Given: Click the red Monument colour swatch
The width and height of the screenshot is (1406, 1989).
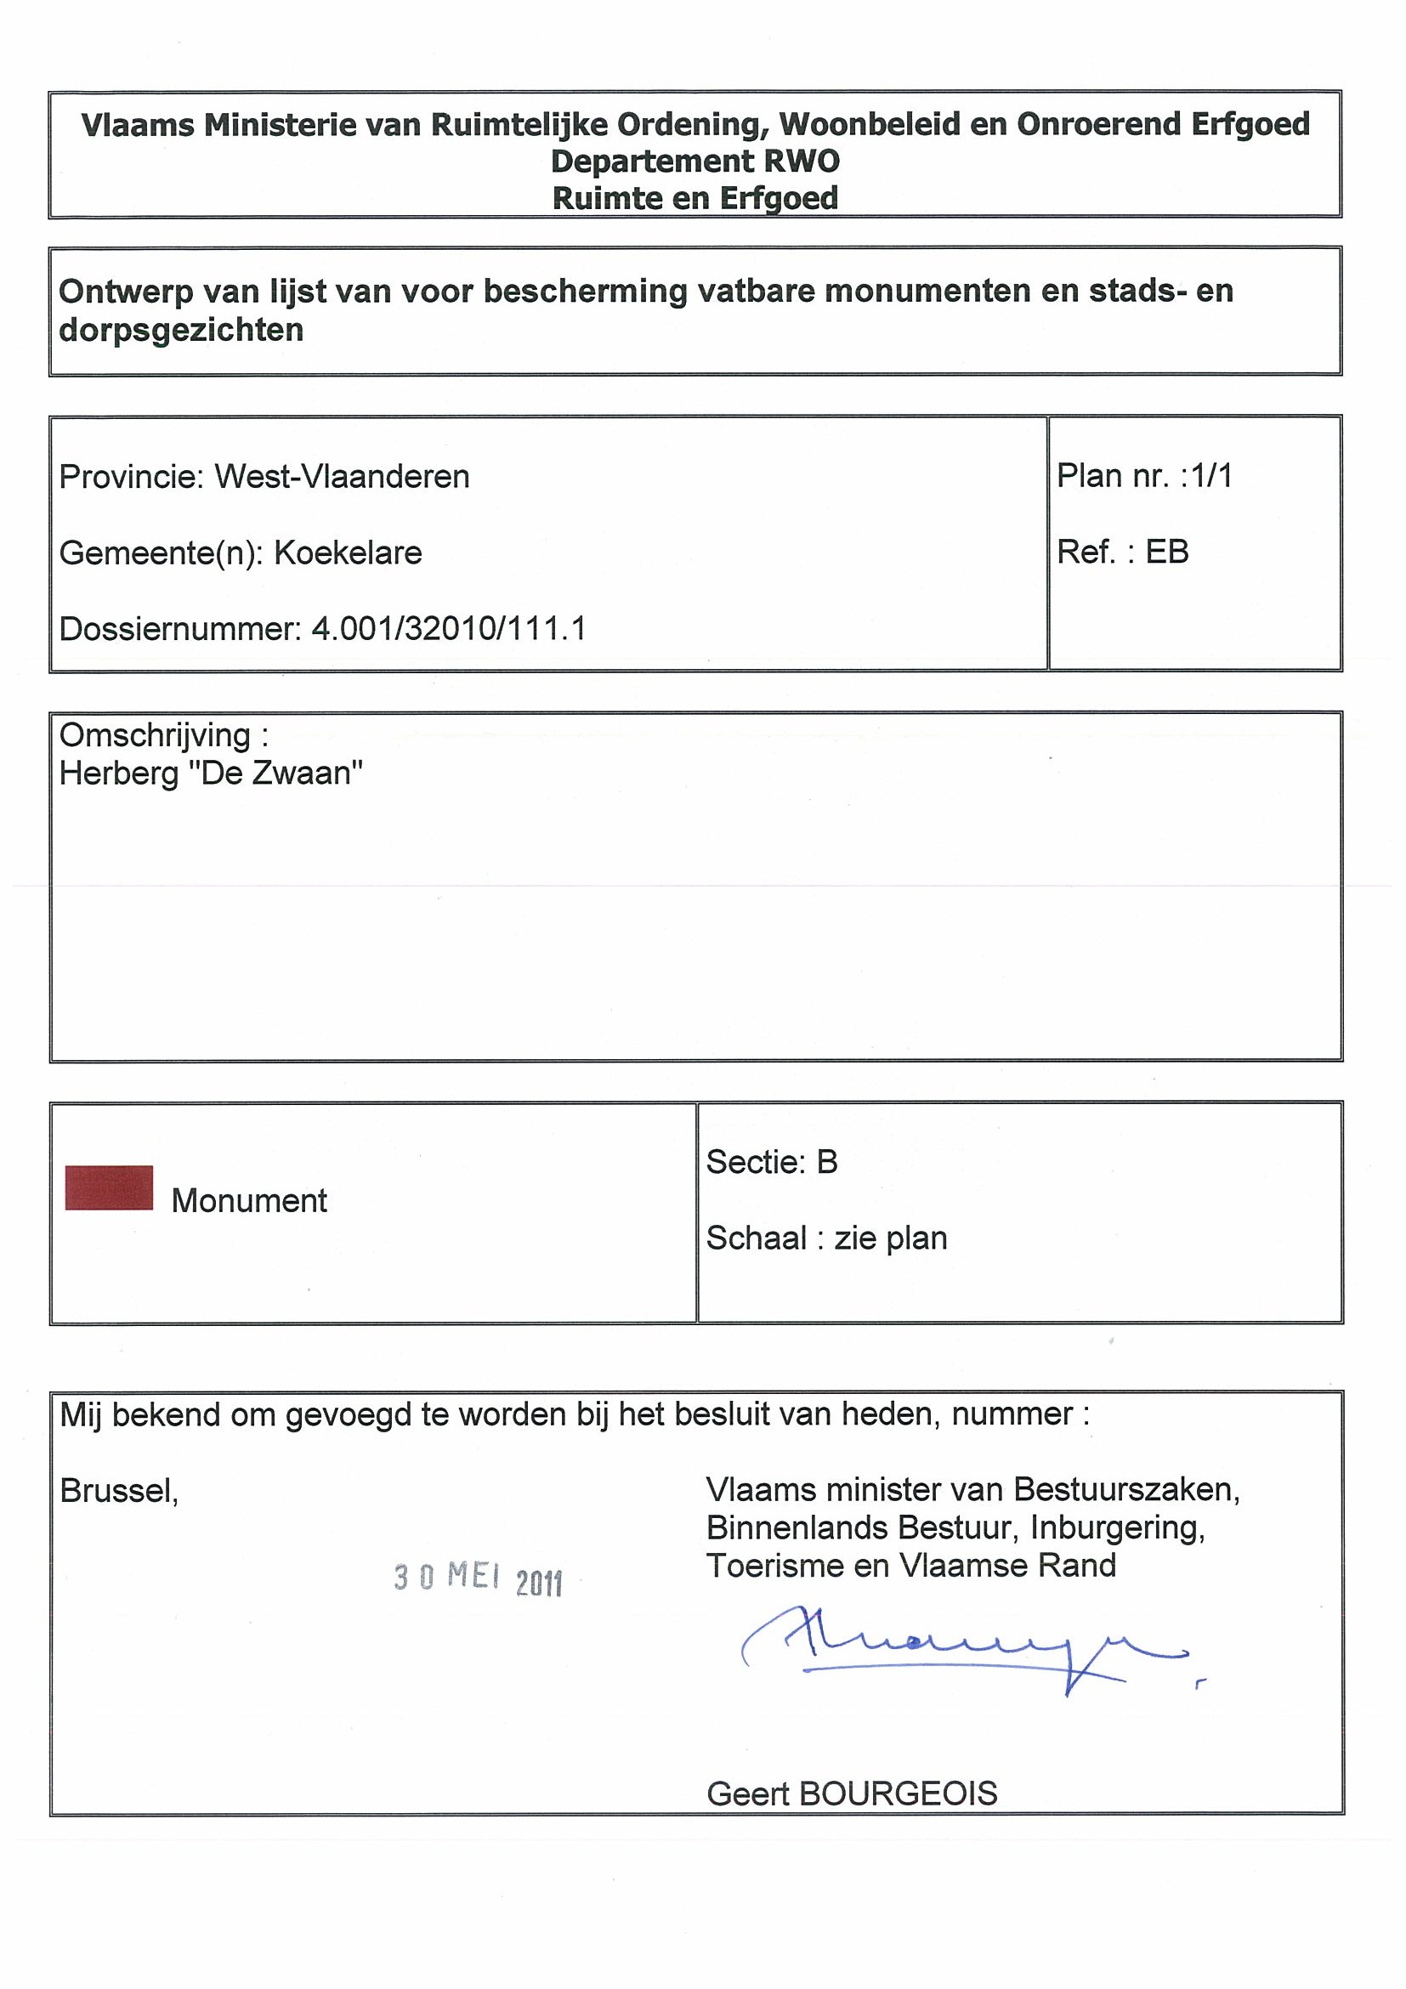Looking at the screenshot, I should coord(109,1187).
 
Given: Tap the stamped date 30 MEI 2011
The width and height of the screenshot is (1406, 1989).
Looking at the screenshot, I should coord(479,1578).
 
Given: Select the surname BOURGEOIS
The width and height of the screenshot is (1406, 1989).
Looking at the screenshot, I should coord(898,1793).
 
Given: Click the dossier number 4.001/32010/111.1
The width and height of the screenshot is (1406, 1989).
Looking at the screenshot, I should coord(449,628).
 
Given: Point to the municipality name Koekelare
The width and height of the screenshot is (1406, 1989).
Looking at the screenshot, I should coord(348,552).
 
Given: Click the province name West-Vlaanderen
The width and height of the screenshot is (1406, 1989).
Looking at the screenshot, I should coord(343,477).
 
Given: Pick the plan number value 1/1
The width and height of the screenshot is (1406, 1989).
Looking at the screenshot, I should coord(1211,476).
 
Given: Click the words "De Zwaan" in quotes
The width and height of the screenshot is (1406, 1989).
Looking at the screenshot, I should coord(275,773).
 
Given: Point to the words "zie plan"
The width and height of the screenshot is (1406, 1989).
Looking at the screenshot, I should coord(891,1238).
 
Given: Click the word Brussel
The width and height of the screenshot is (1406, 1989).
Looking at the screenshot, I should coord(119,1490).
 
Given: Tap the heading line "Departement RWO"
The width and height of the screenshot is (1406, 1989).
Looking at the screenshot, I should coord(694,161).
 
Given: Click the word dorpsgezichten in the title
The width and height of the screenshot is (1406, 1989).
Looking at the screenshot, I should coord(181,330).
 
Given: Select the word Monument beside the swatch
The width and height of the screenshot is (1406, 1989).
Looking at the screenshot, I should coord(250,1201).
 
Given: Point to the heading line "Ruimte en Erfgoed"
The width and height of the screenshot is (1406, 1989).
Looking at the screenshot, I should coord(694,198).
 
